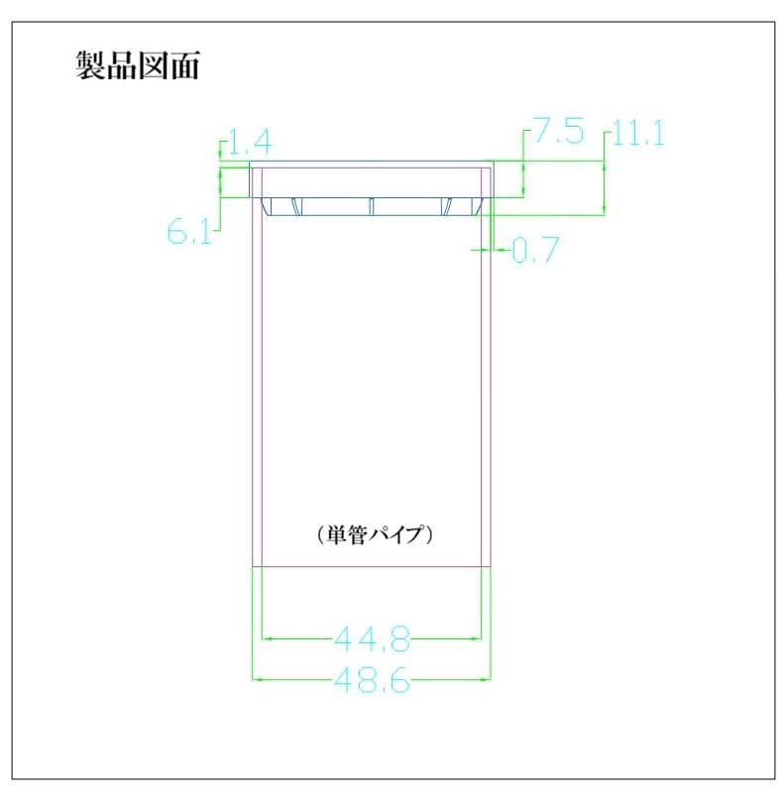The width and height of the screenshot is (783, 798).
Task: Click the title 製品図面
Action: coord(138,65)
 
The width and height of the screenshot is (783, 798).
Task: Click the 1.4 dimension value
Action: coord(251,142)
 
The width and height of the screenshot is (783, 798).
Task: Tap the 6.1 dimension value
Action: coord(189,232)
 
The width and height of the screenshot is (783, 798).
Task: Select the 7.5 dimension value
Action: coord(558,130)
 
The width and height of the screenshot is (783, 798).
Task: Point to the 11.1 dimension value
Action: coord(638,134)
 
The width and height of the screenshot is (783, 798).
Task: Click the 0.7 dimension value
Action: coord(536,250)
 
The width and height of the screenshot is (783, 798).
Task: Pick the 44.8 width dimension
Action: coord(372,638)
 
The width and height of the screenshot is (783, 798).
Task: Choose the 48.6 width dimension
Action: coord(372,679)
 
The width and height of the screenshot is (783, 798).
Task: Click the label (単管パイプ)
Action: coord(375,534)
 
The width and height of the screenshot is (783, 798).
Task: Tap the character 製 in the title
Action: coord(91,65)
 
